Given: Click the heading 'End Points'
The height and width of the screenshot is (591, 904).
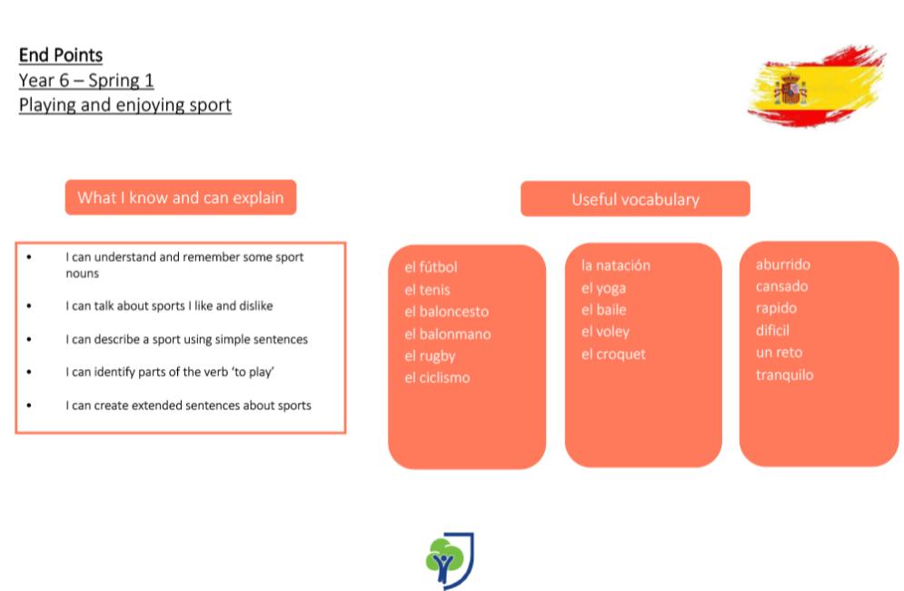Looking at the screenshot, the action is [x=61, y=55].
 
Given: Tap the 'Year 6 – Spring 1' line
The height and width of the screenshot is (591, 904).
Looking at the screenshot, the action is [x=86, y=80].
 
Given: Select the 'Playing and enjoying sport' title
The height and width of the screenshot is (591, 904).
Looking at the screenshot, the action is [x=124, y=105].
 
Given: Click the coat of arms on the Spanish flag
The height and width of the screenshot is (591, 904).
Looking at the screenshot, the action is [x=790, y=89].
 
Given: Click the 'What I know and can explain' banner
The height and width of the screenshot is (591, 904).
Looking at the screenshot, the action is [x=181, y=197].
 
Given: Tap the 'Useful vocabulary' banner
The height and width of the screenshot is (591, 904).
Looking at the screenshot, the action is [x=635, y=199].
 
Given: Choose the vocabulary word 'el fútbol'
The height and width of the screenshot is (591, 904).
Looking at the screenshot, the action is [x=431, y=267].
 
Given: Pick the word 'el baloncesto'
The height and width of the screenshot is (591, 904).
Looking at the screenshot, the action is [x=446, y=312].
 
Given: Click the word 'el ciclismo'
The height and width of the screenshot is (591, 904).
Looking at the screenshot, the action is [x=437, y=377].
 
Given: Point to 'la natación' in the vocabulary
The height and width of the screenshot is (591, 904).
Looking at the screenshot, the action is [x=615, y=265].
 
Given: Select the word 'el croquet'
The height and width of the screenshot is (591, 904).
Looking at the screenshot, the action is [x=613, y=355].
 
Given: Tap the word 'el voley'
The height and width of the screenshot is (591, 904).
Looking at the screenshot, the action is [x=605, y=332].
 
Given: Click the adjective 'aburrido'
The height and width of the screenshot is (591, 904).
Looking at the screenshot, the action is [x=783, y=265].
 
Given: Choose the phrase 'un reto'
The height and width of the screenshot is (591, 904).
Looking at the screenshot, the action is [x=779, y=353].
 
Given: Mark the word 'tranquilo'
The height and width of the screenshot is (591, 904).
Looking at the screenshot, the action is [x=784, y=376].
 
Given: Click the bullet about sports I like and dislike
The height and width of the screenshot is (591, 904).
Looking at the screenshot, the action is [x=169, y=306].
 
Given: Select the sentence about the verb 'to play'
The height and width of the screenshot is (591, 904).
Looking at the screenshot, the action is [x=170, y=372].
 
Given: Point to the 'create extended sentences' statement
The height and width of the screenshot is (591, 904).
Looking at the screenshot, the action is [x=188, y=406].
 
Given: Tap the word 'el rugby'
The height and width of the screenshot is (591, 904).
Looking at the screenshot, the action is [x=430, y=356].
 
